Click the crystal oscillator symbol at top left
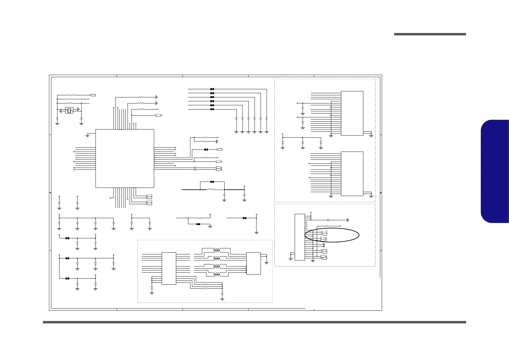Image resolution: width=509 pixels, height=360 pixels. click(x=70, y=110)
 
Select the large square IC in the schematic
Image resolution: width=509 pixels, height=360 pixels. click(x=125, y=158)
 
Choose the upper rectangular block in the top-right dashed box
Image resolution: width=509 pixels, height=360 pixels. click(x=352, y=113)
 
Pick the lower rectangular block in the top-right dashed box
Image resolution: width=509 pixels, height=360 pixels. click(x=352, y=174)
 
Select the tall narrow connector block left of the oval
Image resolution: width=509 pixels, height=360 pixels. click(x=300, y=237)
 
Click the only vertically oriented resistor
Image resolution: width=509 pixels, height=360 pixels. click(x=256, y=226)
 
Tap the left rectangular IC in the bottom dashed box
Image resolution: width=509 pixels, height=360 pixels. click(x=169, y=268)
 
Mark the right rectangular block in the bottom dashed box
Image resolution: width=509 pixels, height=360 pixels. click(x=253, y=263)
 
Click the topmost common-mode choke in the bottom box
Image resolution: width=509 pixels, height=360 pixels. click(x=217, y=250)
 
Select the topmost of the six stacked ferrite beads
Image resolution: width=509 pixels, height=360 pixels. click(x=212, y=89)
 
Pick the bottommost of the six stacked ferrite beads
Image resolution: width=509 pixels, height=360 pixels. click(x=212, y=109)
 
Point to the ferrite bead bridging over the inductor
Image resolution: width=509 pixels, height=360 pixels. click(x=212, y=182)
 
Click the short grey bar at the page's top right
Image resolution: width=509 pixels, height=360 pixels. click(x=430, y=34)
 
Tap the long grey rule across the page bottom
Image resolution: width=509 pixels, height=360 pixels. click(x=254, y=322)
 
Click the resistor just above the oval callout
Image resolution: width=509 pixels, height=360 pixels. click(x=328, y=226)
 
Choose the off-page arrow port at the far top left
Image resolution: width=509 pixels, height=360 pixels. click(x=93, y=95)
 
